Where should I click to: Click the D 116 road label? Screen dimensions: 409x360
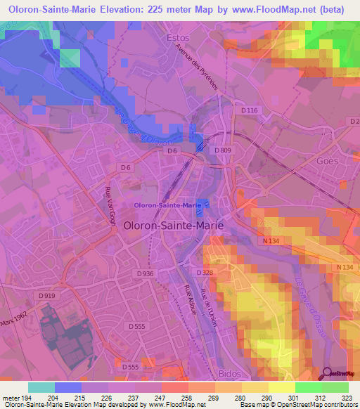coord(249,111)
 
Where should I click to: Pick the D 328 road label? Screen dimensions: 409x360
coord(205,271)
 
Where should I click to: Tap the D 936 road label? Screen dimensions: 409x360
coord(146,273)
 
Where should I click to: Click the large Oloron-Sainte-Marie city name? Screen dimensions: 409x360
coord(174,226)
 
